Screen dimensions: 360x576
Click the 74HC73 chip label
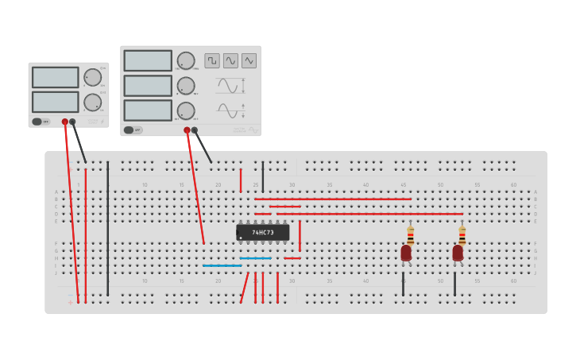263,232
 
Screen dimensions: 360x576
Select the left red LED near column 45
406,253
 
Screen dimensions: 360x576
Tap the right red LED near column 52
458,253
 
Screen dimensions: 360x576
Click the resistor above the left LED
410,235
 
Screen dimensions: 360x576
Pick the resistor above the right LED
462,235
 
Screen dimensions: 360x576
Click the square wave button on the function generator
212,60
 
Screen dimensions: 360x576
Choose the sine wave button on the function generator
230,60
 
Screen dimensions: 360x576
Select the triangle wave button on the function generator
249,60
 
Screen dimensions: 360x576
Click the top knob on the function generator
186,60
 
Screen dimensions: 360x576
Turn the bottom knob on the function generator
186,110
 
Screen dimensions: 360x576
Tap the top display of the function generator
148,60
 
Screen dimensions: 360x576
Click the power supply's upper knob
92,77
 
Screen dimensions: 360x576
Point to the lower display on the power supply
55,102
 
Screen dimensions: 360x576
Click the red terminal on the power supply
65,122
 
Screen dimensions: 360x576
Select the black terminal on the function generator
194,130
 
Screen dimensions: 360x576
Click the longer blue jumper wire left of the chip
222,265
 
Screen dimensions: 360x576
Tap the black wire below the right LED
454,283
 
